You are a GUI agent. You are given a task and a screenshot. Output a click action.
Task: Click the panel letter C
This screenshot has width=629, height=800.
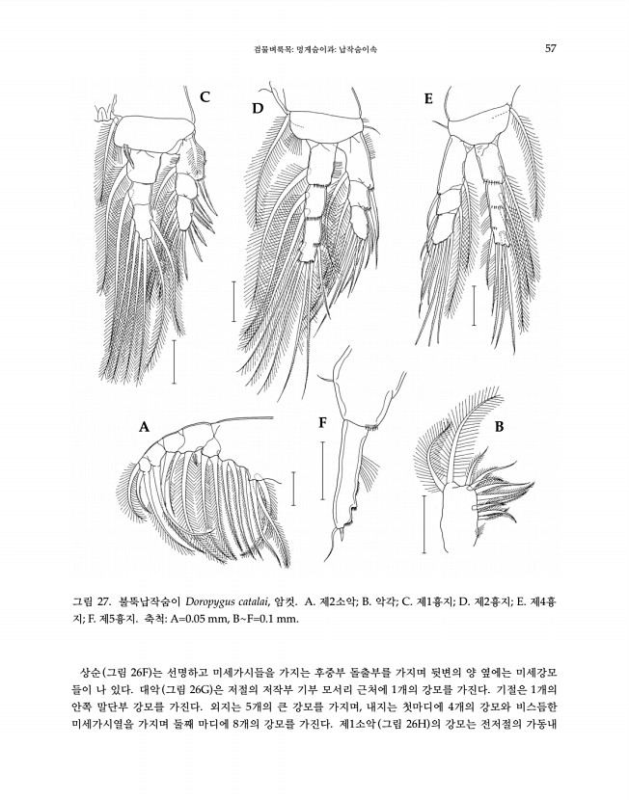205,96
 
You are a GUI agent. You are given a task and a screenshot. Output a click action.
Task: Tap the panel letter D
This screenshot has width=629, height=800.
258,109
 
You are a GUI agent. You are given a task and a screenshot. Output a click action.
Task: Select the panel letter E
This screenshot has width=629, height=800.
428,98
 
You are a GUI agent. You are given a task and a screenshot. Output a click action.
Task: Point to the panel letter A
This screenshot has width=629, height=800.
145,428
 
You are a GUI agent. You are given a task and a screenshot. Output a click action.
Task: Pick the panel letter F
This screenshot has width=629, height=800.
322,421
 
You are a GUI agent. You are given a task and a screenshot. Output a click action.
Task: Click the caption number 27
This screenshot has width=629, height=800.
115,601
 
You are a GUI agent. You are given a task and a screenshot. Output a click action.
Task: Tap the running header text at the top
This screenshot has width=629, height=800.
314,48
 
